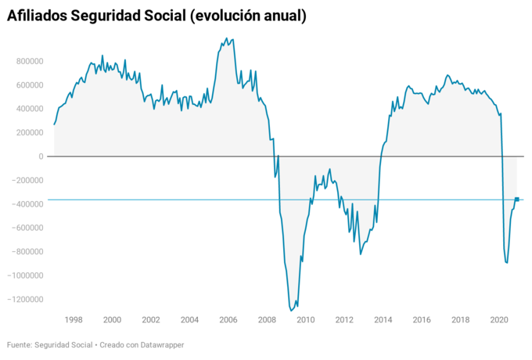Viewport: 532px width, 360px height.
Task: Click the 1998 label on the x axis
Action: [74, 320]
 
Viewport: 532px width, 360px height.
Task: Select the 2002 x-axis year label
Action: [151, 320]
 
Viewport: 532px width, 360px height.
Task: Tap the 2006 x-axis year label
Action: [228, 320]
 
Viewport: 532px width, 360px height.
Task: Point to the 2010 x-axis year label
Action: [305, 320]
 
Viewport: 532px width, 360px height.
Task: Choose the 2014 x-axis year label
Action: [383, 320]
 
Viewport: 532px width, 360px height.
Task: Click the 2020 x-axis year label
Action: [499, 320]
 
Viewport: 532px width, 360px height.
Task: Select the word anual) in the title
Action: [280, 16]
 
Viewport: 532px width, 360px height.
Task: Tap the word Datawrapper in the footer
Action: [160, 344]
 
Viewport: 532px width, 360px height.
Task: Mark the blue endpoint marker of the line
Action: [517, 200]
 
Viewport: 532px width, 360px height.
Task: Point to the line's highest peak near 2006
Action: [227, 38]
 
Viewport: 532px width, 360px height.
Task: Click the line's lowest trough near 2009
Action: [292, 311]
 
